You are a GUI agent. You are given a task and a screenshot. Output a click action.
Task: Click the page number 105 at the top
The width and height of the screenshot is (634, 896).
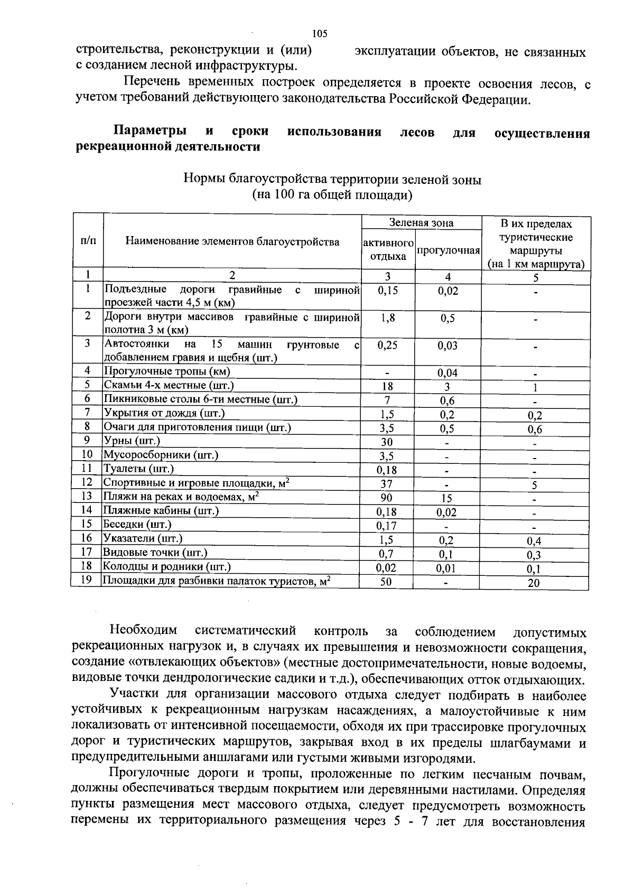[x=320, y=34]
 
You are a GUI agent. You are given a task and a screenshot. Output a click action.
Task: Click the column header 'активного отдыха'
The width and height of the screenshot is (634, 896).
[x=388, y=250]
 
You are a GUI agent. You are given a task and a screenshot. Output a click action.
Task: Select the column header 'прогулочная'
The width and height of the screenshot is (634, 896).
[x=448, y=250]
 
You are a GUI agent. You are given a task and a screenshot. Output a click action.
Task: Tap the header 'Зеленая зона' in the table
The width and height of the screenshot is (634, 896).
[x=421, y=223]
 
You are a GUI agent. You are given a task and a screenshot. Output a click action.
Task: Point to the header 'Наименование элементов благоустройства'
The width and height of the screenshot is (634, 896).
[x=232, y=242]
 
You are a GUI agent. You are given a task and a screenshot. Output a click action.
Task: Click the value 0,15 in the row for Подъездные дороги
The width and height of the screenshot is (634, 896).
[x=388, y=291]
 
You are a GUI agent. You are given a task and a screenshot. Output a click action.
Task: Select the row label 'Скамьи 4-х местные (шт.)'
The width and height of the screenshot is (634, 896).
[x=169, y=386]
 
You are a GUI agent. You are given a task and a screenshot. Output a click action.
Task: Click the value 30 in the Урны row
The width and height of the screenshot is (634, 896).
[x=387, y=442]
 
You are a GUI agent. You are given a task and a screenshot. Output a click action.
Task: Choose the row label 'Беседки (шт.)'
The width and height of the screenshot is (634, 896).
[x=137, y=525]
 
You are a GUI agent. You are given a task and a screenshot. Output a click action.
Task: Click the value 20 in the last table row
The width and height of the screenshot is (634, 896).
[x=534, y=583]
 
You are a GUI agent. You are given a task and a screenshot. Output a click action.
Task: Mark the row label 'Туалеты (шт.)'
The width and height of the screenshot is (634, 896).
[x=138, y=469]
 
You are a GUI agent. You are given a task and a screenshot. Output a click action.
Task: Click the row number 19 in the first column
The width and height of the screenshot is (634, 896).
[x=87, y=581]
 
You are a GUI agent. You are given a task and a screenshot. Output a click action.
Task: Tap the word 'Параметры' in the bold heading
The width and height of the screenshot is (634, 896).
[x=150, y=132]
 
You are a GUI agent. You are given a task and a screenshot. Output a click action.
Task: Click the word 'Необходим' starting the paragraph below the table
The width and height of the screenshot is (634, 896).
[x=143, y=631]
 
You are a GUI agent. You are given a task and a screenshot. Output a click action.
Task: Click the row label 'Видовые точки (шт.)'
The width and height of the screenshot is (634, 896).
[x=155, y=553]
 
